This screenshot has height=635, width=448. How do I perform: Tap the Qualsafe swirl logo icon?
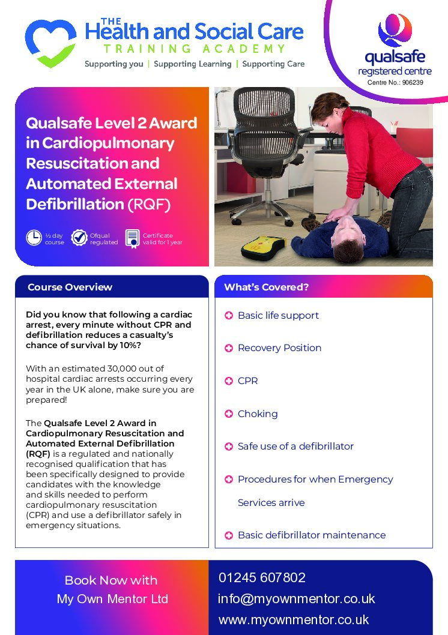[395, 31]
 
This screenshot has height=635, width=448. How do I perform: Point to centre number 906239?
[413, 83]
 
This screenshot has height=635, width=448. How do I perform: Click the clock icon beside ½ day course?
[34, 238]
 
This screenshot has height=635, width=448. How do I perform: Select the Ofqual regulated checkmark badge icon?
[79, 238]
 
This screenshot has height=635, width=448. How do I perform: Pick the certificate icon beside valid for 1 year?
[133, 238]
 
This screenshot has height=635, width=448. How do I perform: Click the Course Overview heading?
[70, 287]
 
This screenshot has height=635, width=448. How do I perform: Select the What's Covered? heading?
[266, 287]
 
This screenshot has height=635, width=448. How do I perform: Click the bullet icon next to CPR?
[229, 381]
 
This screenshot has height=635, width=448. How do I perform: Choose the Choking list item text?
[258, 414]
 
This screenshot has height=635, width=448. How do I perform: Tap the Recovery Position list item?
[279, 348]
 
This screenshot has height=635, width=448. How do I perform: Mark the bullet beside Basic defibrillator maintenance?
[229, 535]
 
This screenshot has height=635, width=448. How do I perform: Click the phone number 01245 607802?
[262, 577]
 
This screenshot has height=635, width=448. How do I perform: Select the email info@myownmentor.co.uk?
[297, 598]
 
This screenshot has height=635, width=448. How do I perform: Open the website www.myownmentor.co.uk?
[294, 619]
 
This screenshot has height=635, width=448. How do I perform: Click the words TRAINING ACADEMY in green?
[195, 49]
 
